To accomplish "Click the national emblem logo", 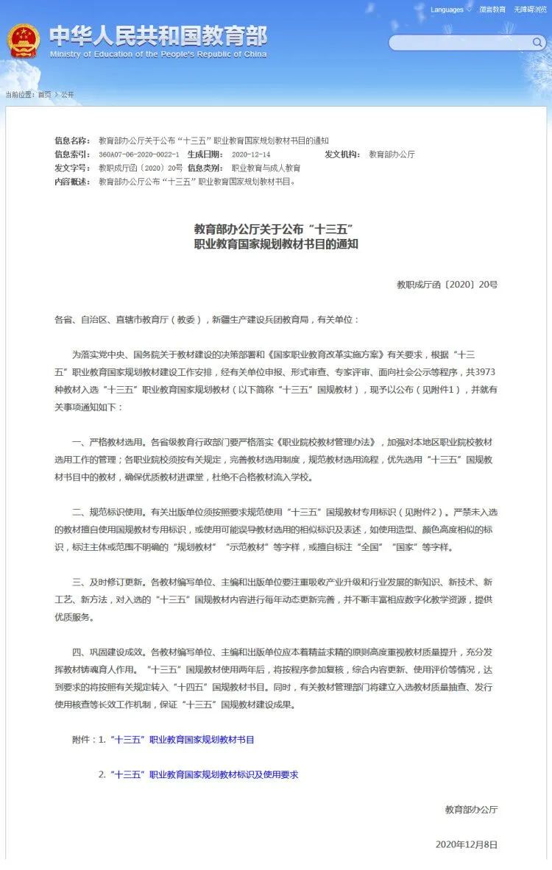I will coord(24,41).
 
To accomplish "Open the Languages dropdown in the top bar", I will coord(450,10).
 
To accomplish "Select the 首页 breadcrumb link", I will coord(44,95).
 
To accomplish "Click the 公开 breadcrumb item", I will coord(68,95).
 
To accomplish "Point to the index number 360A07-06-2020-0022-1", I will coord(138,154).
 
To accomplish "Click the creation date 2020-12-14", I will coord(251,154).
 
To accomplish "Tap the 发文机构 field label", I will coord(342,154).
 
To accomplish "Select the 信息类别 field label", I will coord(204,168).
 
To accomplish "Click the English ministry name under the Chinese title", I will coord(158,54).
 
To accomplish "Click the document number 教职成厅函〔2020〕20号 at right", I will coord(447,284).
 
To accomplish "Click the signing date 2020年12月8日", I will coord(467,844).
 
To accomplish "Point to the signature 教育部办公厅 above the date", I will coord(471,809).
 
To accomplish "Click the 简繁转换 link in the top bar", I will coord(492,10).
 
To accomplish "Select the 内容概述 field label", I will coord(72,181).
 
